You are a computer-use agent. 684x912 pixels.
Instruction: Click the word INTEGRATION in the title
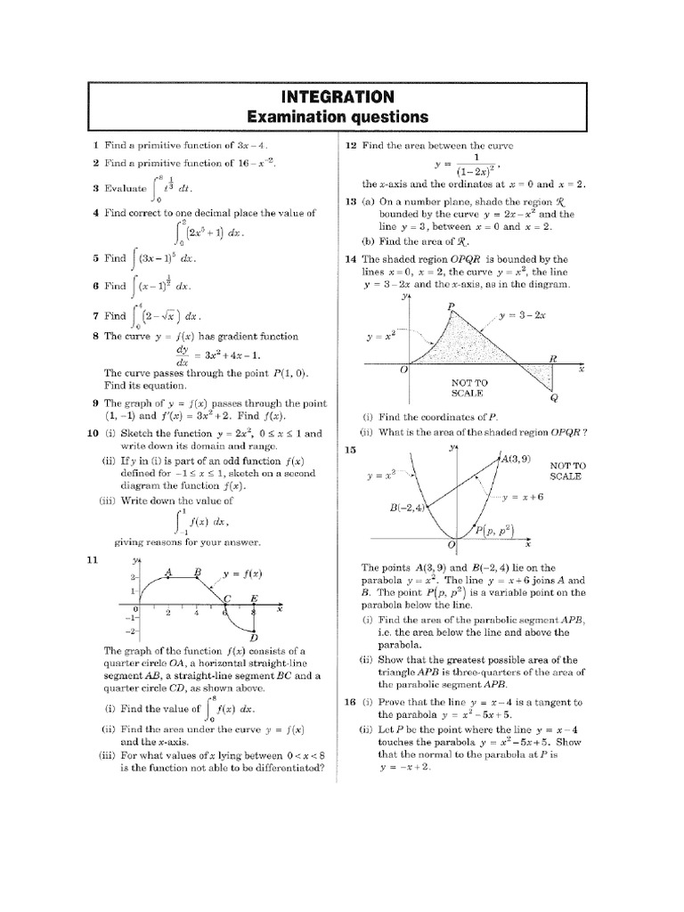[x=337, y=96]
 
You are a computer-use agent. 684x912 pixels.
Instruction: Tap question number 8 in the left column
[x=94, y=337]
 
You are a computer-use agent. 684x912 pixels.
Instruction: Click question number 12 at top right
[x=351, y=145]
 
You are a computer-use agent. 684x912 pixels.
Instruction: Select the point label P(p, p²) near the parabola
[x=496, y=531]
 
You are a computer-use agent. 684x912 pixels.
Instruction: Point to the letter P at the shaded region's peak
[x=451, y=307]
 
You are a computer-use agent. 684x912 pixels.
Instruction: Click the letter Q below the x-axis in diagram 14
[x=554, y=398]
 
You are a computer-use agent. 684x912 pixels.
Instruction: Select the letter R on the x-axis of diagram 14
[x=552, y=358]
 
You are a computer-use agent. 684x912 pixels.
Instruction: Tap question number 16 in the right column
[x=350, y=703]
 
